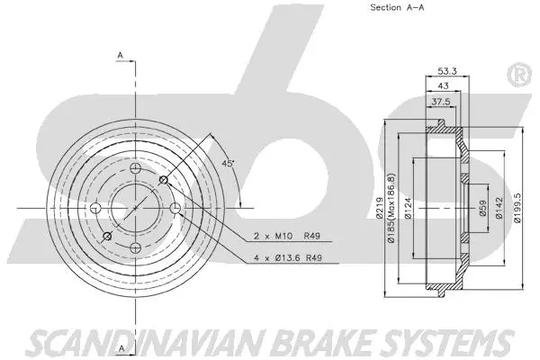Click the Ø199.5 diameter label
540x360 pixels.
click(x=516, y=208)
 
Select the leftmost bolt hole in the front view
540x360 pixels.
click(x=95, y=209)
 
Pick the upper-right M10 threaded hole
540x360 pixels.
click(x=163, y=181)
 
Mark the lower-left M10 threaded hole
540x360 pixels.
click(x=107, y=237)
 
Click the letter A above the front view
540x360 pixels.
click(x=120, y=56)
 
